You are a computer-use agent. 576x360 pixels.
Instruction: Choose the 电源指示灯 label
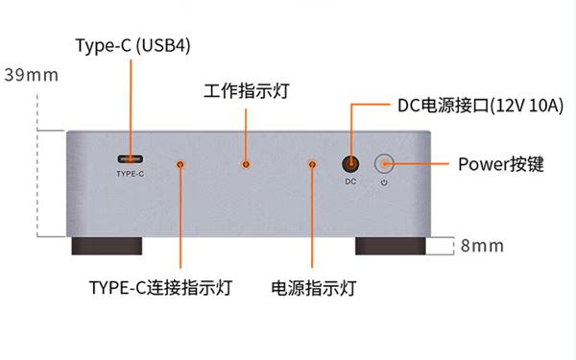pyautogui.click(x=314, y=288)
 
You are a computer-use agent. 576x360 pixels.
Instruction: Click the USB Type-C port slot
pyautogui.click(x=130, y=158)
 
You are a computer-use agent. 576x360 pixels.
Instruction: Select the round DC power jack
pyautogui.click(x=351, y=164)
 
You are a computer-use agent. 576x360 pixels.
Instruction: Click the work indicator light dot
pyautogui.click(x=247, y=164)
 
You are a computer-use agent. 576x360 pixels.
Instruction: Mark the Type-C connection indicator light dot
pyautogui.click(x=180, y=164)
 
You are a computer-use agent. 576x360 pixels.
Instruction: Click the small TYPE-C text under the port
pyautogui.click(x=130, y=174)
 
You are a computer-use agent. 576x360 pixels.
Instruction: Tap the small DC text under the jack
pyautogui.click(x=351, y=181)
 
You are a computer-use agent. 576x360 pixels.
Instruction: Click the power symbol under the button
pyautogui.click(x=384, y=181)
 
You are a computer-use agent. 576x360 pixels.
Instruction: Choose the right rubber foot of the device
pyautogui.click(x=391, y=245)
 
